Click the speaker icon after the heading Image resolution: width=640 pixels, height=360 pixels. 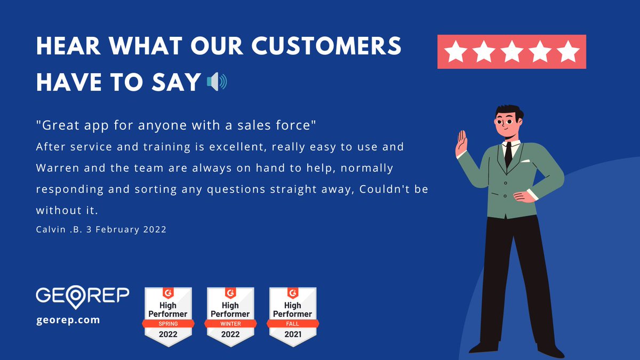[217, 82]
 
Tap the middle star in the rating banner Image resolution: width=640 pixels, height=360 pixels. [511, 52]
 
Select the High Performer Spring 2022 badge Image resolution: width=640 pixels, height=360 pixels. [167, 317]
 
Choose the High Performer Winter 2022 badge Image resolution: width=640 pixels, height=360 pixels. [230, 317]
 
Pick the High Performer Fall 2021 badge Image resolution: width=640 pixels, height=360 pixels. [292, 317]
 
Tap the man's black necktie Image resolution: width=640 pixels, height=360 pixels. [508, 154]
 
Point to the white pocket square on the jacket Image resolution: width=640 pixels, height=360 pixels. [525, 161]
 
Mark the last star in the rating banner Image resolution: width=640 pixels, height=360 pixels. [569, 52]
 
